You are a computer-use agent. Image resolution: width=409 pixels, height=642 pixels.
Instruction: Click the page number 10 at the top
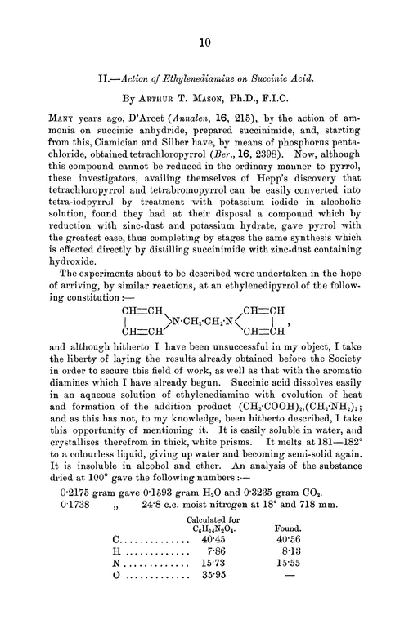204,42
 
